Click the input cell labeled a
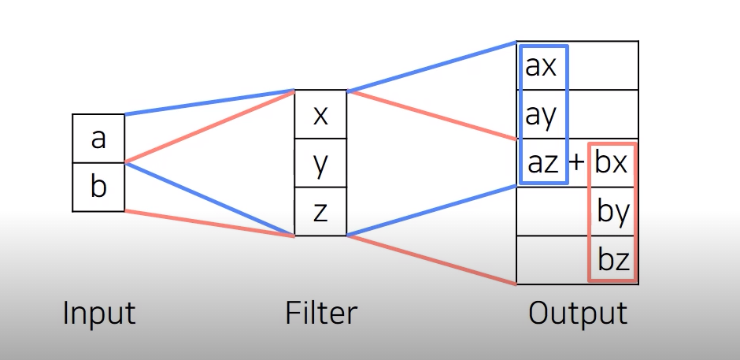(x=98, y=139)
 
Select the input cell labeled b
(x=98, y=187)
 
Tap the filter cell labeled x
(x=320, y=115)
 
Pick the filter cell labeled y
(x=320, y=164)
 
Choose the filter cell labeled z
(x=320, y=212)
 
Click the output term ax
(x=541, y=66)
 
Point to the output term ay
(x=541, y=115)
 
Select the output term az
(x=542, y=162)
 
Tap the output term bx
(x=612, y=162)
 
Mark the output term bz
(x=613, y=259)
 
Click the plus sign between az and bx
(x=577, y=162)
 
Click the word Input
(x=99, y=314)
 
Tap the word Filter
(x=320, y=314)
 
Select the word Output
(x=578, y=314)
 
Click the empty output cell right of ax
(x=602, y=66)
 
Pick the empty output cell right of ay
(x=602, y=114)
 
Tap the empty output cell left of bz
(x=551, y=260)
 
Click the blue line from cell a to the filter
(x=209, y=103)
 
